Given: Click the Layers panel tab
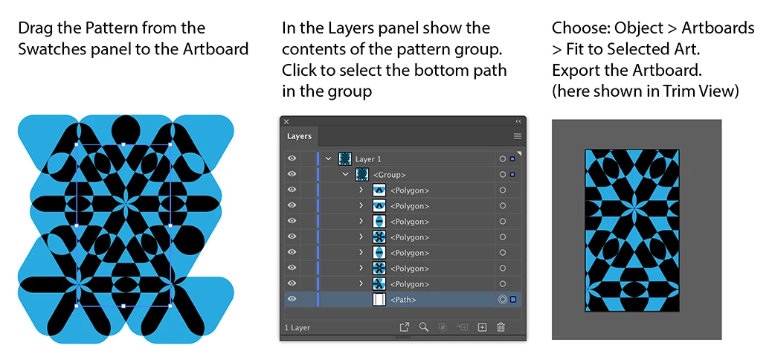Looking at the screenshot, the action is click(299, 136).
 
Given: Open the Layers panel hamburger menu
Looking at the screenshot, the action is click(518, 136).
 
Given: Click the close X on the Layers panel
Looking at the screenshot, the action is click(286, 121).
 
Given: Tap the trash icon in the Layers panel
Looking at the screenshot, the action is click(501, 327).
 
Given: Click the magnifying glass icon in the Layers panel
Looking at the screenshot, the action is click(424, 327).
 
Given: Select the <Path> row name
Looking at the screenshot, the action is click(403, 300).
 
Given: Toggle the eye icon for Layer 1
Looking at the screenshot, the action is click(292, 158).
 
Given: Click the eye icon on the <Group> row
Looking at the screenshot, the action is click(292, 174).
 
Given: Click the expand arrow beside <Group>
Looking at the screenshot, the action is click(346, 174).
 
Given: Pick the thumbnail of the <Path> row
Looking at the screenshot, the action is click(379, 300).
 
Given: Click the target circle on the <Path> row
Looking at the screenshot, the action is click(502, 300).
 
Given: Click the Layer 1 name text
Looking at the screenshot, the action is click(368, 159).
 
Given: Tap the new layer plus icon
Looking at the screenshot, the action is click(482, 327).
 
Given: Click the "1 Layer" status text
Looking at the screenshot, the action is click(297, 327).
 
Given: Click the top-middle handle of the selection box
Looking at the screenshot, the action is click(123, 144).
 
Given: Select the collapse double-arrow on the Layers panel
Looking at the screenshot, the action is click(518, 121).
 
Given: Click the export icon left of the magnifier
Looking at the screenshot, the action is click(404, 327).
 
